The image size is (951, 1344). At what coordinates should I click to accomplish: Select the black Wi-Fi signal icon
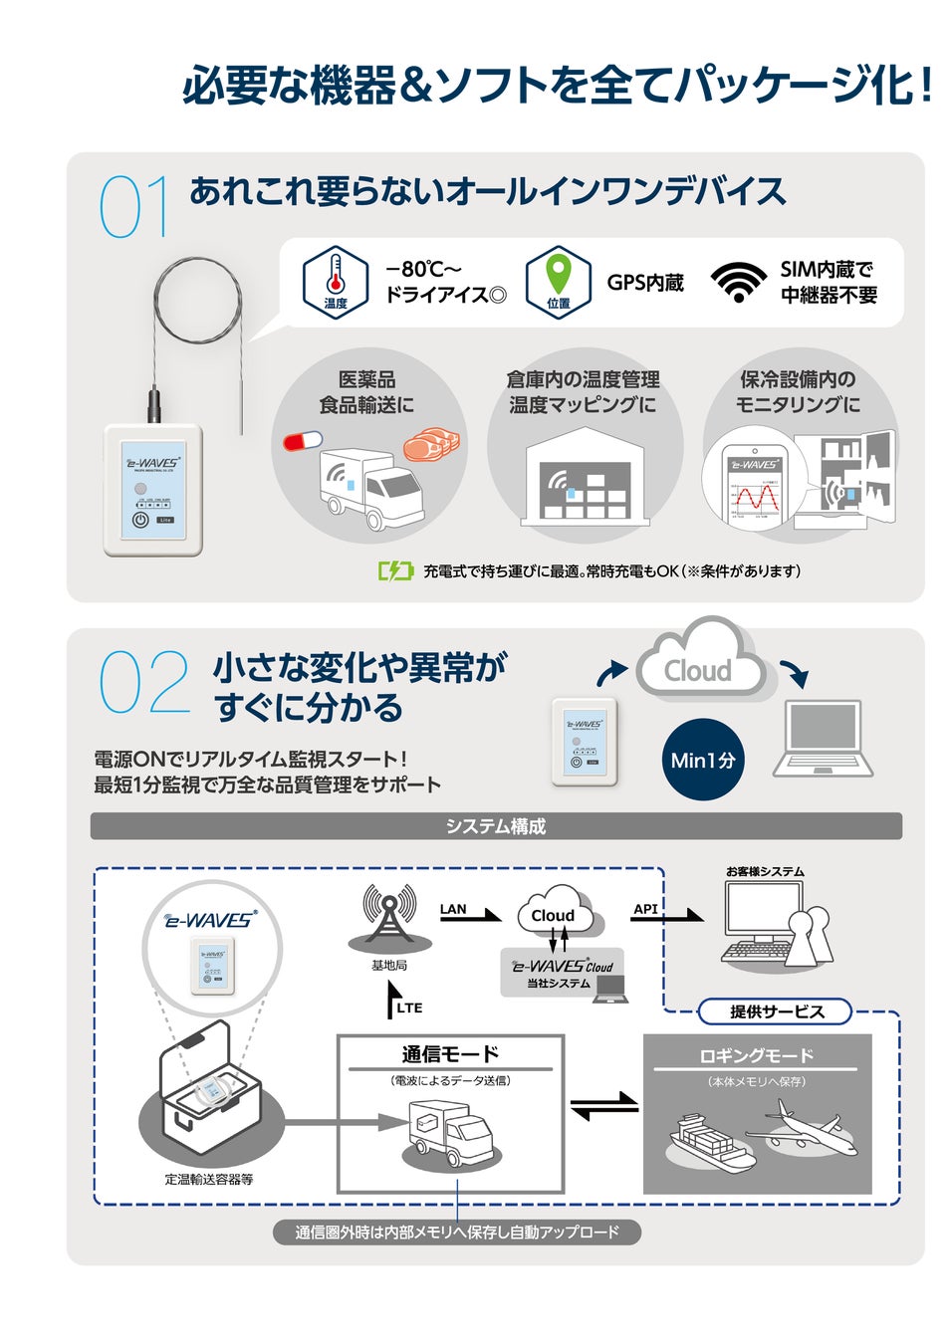tap(738, 282)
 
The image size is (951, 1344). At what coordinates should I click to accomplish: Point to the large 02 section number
tap(143, 682)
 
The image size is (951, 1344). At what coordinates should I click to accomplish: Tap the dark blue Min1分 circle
tap(703, 760)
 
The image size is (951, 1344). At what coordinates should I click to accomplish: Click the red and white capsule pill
tap(303, 440)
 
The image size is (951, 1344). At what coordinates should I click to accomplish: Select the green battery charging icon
tap(395, 570)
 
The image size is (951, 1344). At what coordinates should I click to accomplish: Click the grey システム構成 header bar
tap(496, 826)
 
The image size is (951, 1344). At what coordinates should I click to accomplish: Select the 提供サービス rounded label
tap(777, 1011)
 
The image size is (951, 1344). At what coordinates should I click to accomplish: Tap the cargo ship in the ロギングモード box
tap(709, 1143)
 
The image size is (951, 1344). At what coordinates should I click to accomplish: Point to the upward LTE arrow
tap(391, 1001)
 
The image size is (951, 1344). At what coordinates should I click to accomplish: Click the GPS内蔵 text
tap(645, 283)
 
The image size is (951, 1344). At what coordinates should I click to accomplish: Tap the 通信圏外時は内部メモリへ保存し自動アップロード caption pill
tap(457, 1232)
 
